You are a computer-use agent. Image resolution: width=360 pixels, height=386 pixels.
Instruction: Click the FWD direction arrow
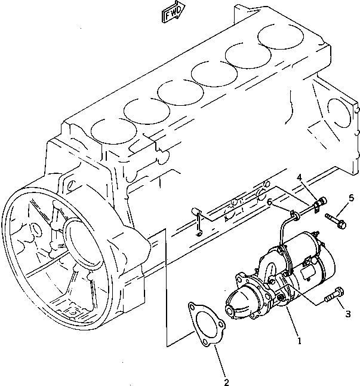[174, 13]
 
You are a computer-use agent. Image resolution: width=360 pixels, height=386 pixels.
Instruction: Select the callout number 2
[226, 381]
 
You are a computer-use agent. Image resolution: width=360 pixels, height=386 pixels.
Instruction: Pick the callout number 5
[351, 198]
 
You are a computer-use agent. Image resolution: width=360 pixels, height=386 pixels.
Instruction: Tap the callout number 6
[270, 203]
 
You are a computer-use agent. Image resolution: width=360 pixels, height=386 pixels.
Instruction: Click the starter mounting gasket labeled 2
[204, 323]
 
